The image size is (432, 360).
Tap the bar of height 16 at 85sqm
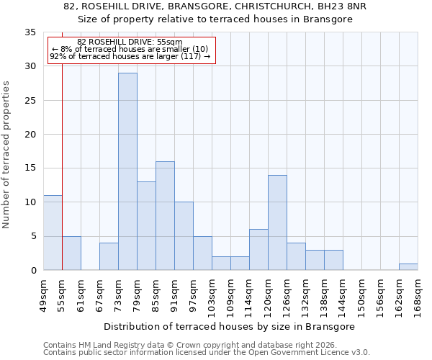(x=165, y=216)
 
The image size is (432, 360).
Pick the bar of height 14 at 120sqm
(x=277, y=222)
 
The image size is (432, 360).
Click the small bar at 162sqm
(x=408, y=267)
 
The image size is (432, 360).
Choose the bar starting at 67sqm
(x=109, y=257)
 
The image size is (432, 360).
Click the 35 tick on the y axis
(x=30, y=32)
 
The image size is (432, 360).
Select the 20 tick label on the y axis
(x=30, y=135)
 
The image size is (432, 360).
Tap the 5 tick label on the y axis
(x=32, y=237)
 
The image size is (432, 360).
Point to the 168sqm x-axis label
(x=418, y=294)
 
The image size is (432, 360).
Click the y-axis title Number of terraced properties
(x=7, y=155)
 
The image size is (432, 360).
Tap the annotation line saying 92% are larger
(x=130, y=56)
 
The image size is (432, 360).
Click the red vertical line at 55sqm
(x=62, y=166)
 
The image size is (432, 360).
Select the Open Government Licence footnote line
(x=207, y=353)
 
